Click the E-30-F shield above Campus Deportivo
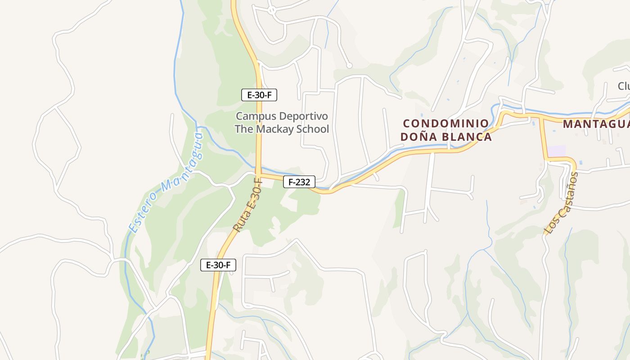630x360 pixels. coord(259,94)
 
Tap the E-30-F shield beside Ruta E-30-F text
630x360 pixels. coord(218,265)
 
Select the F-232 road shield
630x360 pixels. coord(299,182)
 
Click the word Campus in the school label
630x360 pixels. coord(256,116)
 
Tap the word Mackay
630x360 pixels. coord(275,129)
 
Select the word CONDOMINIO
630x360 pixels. coord(446,123)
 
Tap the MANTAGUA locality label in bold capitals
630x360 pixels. coord(596,124)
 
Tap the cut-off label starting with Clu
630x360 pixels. coord(623,86)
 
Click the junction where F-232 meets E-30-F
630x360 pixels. coord(259,174)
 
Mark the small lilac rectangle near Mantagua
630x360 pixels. coord(556,151)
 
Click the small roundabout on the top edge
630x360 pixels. coord(271,9)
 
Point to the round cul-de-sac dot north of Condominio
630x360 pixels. coord(349,66)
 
